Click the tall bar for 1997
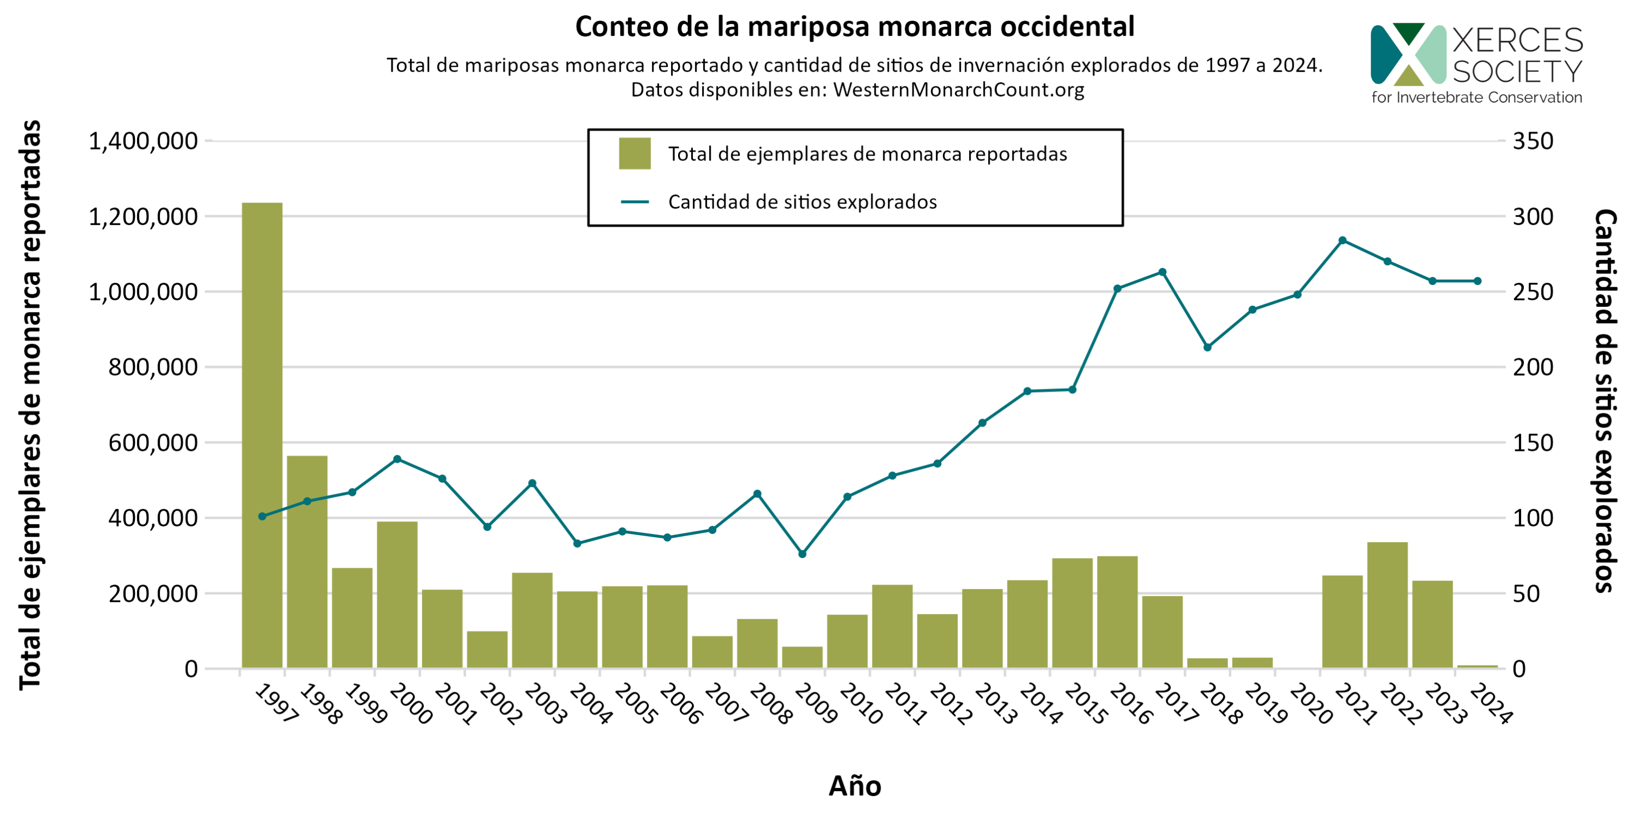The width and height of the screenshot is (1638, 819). [262, 435]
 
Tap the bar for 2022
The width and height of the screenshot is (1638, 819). [1387, 605]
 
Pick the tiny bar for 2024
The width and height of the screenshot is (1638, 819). [1477, 666]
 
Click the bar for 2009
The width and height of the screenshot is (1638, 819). [802, 657]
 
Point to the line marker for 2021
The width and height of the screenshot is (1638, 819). [1342, 240]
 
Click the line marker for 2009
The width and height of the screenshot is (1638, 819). [802, 554]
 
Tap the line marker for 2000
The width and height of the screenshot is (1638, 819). [397, 459]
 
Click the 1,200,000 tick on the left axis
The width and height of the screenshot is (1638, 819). [143, 217]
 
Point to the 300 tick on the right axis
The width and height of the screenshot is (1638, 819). [1533, 217]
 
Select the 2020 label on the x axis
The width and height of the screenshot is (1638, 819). [1310, 704]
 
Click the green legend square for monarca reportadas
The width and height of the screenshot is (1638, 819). [634, 153]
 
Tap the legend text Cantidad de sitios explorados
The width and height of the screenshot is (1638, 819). [803, 202]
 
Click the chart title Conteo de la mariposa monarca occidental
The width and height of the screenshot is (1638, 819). [854, 27]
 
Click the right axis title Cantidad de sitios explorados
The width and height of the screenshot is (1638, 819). [1604, 401]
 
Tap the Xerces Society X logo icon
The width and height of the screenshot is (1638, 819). [1408, 54]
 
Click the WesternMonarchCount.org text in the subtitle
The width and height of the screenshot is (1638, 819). [958, 90]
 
